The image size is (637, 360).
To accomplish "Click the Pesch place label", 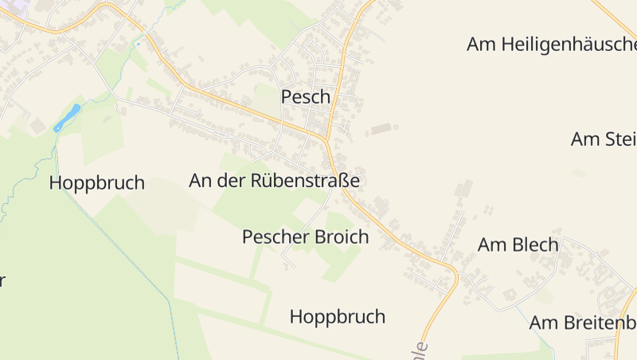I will tap(305, 96).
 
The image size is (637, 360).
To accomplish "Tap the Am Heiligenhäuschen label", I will tap(551, 45).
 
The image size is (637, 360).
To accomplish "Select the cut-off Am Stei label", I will tap(604, 139).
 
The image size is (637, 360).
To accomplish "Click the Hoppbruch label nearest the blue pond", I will tap(96, 182).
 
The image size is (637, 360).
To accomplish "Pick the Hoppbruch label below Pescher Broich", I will tap(337, 316).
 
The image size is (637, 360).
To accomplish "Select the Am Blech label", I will tap(518, 245).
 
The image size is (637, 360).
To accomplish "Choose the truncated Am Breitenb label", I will tap(583, 323).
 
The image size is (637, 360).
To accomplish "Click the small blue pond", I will tap(68, 117).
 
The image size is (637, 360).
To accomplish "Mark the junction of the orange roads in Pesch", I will tap(326, 139).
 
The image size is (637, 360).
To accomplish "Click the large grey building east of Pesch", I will tap(382, 127).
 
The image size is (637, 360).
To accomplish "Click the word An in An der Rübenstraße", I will tap(201, 181).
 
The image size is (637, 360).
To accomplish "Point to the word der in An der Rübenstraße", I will tap(234, 181).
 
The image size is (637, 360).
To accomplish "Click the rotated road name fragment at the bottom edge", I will tap(421, 350).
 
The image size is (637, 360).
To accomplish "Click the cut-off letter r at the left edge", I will tap(2, 280).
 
